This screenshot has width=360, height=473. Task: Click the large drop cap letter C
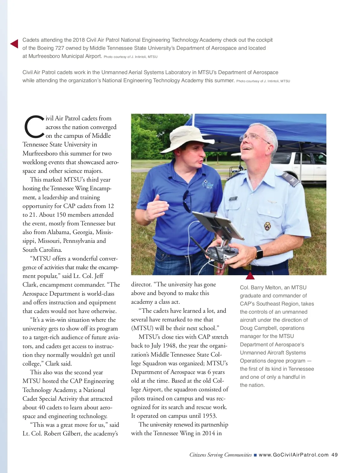[34, 127]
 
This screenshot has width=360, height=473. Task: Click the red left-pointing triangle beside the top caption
[14, 44]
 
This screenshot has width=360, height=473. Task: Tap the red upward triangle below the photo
[250, 276]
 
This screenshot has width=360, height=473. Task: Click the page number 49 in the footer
[334, 455]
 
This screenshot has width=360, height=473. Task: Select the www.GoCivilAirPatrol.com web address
[293, 455]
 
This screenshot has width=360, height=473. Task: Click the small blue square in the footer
[255, 455]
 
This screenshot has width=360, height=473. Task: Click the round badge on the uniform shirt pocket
[267, 226]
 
